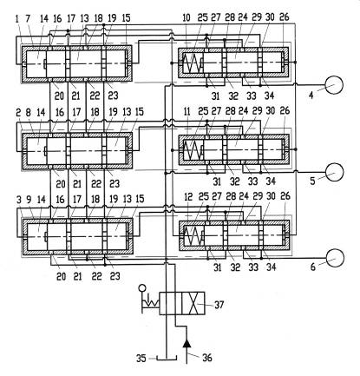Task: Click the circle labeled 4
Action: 334,85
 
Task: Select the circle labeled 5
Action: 334,172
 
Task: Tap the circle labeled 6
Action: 335,258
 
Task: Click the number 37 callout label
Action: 219,305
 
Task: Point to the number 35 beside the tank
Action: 141,359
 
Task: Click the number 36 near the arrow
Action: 207,358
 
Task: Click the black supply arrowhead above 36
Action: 187,343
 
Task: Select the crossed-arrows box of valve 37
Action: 193,303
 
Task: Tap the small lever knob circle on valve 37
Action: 142,288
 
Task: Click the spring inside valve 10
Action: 193,63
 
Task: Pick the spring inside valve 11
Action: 193,149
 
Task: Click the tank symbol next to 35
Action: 167,358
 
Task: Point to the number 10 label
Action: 187,17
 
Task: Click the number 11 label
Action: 187,112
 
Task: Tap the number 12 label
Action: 188,197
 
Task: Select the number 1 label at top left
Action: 16,19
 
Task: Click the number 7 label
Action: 28,19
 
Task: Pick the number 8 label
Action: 29,113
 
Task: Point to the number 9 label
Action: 29,200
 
